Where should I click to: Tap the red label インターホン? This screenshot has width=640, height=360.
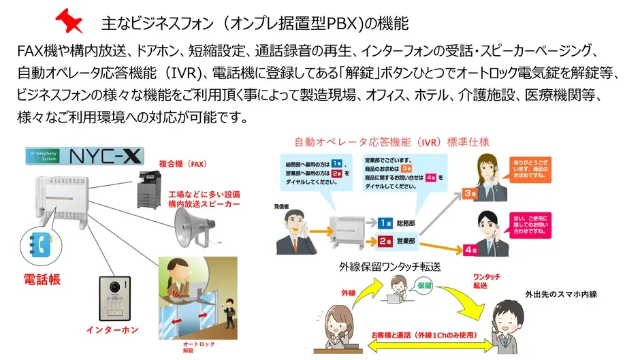tap(112, 329)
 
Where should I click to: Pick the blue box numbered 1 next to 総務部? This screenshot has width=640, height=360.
tap(385, 223)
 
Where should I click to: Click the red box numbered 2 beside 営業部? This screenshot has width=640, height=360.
tap(385, 240)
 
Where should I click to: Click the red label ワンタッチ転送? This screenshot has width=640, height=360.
tap(488, 281)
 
